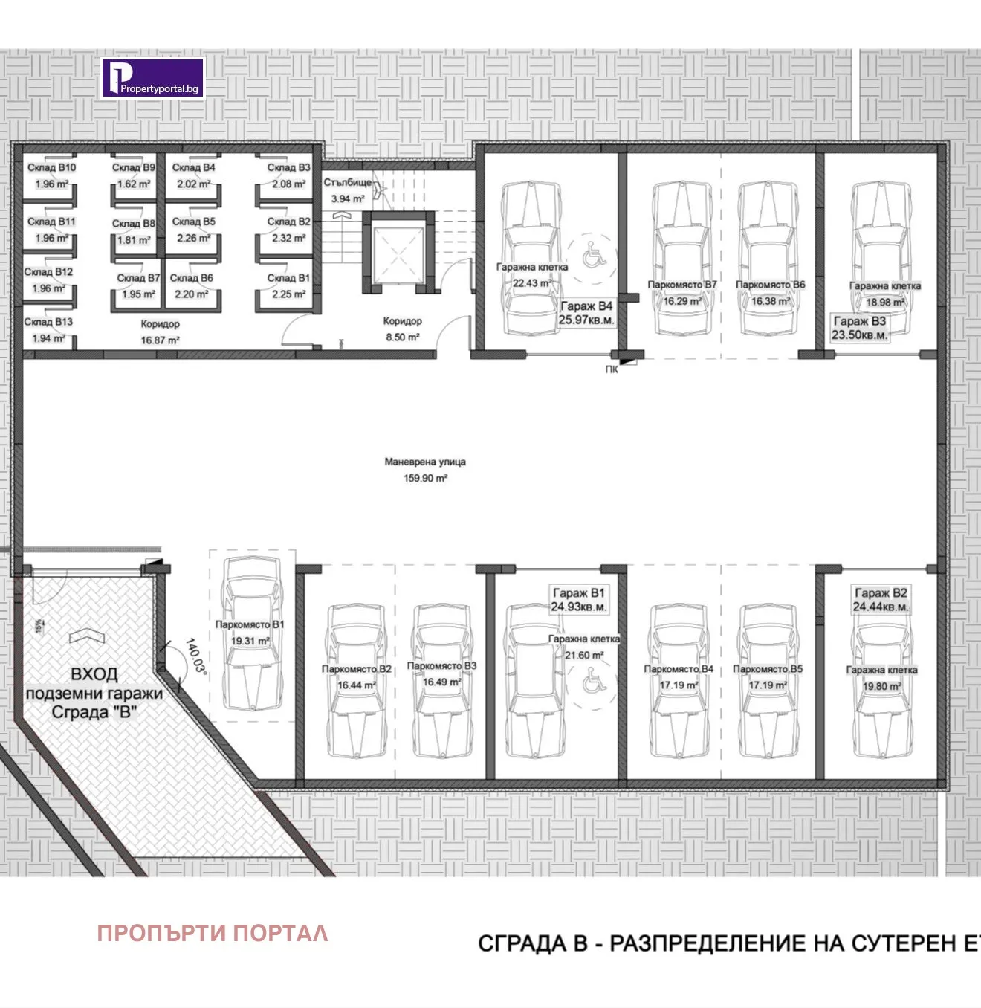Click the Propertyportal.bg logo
(x=152, y=78)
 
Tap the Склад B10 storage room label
(x=51, y=167)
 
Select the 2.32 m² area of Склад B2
(x=288, y=238)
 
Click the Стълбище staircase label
(x=347, y=182)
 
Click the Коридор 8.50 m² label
(x=402, y=329)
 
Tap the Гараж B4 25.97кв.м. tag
(x=586, y=313)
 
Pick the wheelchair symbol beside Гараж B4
(x=592, y=255)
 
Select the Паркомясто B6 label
(x=770, y=285)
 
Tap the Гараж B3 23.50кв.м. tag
(x=860, y=328)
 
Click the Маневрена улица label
(x=425, y=462)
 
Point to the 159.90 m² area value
(x=425, y=478)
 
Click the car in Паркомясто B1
(x=253, y=632)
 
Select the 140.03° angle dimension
(x=195, y=655)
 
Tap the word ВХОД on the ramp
(x=94, y=674)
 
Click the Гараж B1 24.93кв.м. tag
(x=578, y=600)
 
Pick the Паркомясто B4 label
(x=678, y=669)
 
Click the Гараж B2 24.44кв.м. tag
(x=881, y=600)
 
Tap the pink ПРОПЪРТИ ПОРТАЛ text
(x=213, y=933)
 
